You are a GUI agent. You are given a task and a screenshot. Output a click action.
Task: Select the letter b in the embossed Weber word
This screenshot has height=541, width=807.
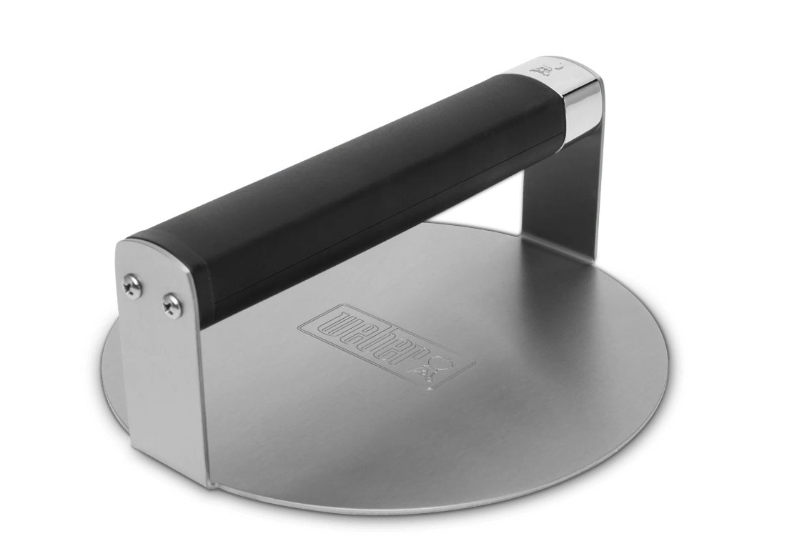coord(380,342)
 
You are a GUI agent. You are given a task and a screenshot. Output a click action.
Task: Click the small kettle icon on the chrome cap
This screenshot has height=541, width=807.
coord(544,69)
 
